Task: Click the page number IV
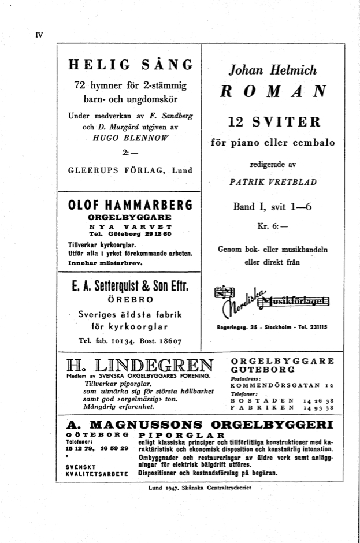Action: point(39,35)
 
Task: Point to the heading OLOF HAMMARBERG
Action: point(129,206)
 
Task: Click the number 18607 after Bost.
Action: point(167,341)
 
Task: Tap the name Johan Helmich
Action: point(273,71)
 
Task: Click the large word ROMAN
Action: point(273,92)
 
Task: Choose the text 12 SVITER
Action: point(273,122)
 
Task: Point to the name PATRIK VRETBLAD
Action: point(273,182)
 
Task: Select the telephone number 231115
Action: point(314,326)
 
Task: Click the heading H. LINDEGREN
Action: point(139,366)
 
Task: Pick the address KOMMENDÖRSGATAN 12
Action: point(281,385)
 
